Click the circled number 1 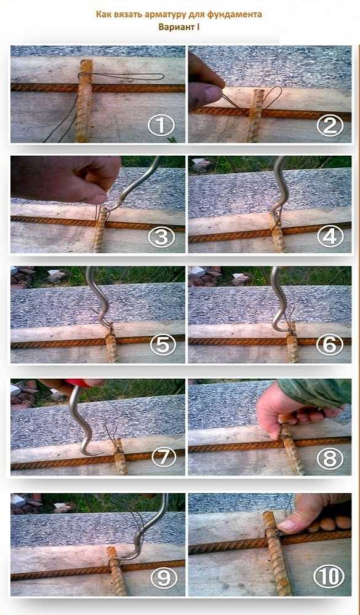coord(161,126)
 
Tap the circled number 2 coord(330,125)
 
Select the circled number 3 coord(162,236)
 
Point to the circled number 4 coord(330,236)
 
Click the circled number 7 coord(161,458)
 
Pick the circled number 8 coord(330,458)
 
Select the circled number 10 coord(329,577)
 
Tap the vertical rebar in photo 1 coord(83,100)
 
